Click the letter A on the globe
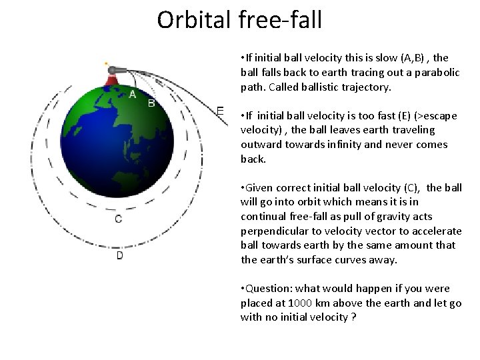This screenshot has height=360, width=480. click(x=133, y=94)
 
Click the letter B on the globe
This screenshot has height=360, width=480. click(x=151, y=103)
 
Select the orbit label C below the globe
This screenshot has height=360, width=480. click(x=118, y=219)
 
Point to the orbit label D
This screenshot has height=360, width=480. click(x=119, y=255)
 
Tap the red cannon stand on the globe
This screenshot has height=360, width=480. click(x=111, y=81)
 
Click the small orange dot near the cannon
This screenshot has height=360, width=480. click(x=105, y=64)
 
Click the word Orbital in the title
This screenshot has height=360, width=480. click(x=193, y=20)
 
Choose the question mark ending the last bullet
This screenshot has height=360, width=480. click(x=352, y=317)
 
